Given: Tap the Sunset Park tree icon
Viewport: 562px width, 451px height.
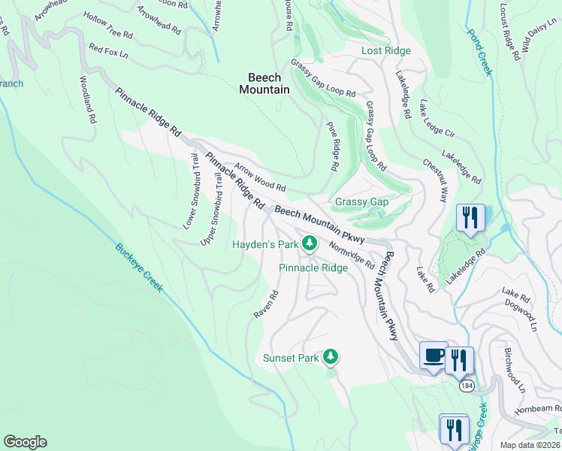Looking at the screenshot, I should [330, 357].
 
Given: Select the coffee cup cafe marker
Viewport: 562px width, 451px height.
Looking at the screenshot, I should [433, 355].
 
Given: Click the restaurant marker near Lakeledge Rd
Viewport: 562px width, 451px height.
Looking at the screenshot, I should [470, 218].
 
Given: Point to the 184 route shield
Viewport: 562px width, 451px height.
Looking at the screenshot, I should [467, 385].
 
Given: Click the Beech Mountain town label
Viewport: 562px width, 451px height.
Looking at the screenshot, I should [264, 83].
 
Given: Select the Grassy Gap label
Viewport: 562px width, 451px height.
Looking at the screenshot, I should [361, 201].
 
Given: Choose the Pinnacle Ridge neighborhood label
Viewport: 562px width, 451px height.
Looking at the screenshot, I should [313, 268].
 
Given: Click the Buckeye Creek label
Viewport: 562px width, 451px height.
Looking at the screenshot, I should [139, 268].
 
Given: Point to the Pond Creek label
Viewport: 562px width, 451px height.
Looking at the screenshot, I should [479, 53].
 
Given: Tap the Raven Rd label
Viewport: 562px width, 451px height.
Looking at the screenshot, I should [266, 304].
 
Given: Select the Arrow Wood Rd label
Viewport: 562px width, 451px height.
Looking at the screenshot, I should [260, 177].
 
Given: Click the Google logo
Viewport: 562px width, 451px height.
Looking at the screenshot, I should [25, 442].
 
